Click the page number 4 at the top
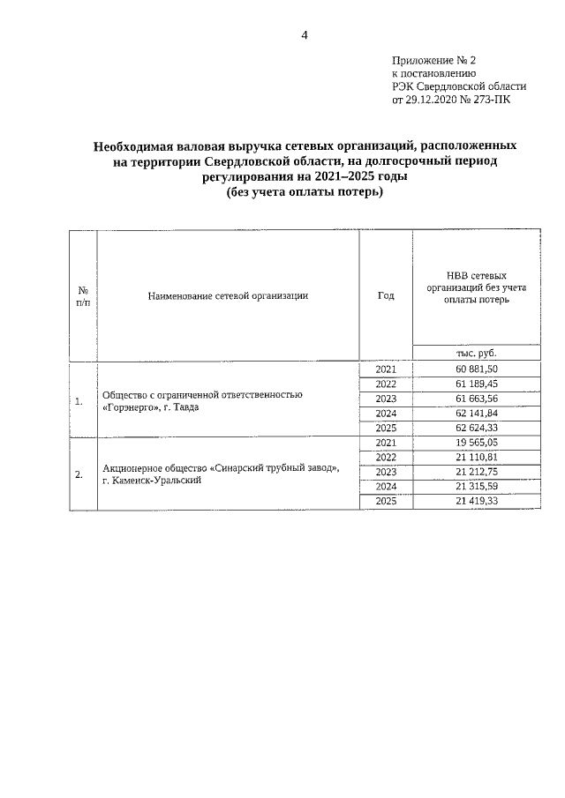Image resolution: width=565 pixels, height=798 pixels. (x=305, y=35)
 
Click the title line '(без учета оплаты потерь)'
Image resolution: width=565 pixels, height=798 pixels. (x=305, y=192)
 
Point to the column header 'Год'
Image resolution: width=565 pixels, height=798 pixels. (x=385, y=295)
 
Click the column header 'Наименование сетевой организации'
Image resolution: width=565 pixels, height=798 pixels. (x=228, y=295)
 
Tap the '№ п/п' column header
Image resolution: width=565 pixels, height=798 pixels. (x=82, y=295)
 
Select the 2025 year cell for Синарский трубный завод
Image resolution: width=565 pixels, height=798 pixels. (x=386, y=502)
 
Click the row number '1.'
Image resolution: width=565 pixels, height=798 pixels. (x=79, y=401)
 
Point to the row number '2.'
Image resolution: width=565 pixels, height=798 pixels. (x=79, y=474)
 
